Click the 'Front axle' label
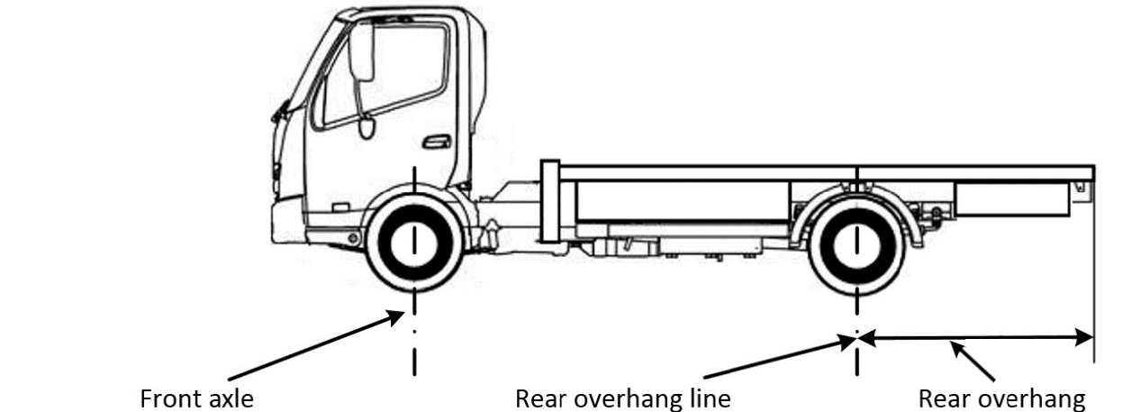click(x=197, y=398)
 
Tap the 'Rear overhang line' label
click(x=622, y=398)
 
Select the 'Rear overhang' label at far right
click(x=1001, y=398)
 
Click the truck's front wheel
click(x=413, y=243)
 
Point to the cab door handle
click(x=436, y=142)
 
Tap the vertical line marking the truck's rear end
click(x=1093, y=270)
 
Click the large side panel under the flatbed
click(x=683, y=200)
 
